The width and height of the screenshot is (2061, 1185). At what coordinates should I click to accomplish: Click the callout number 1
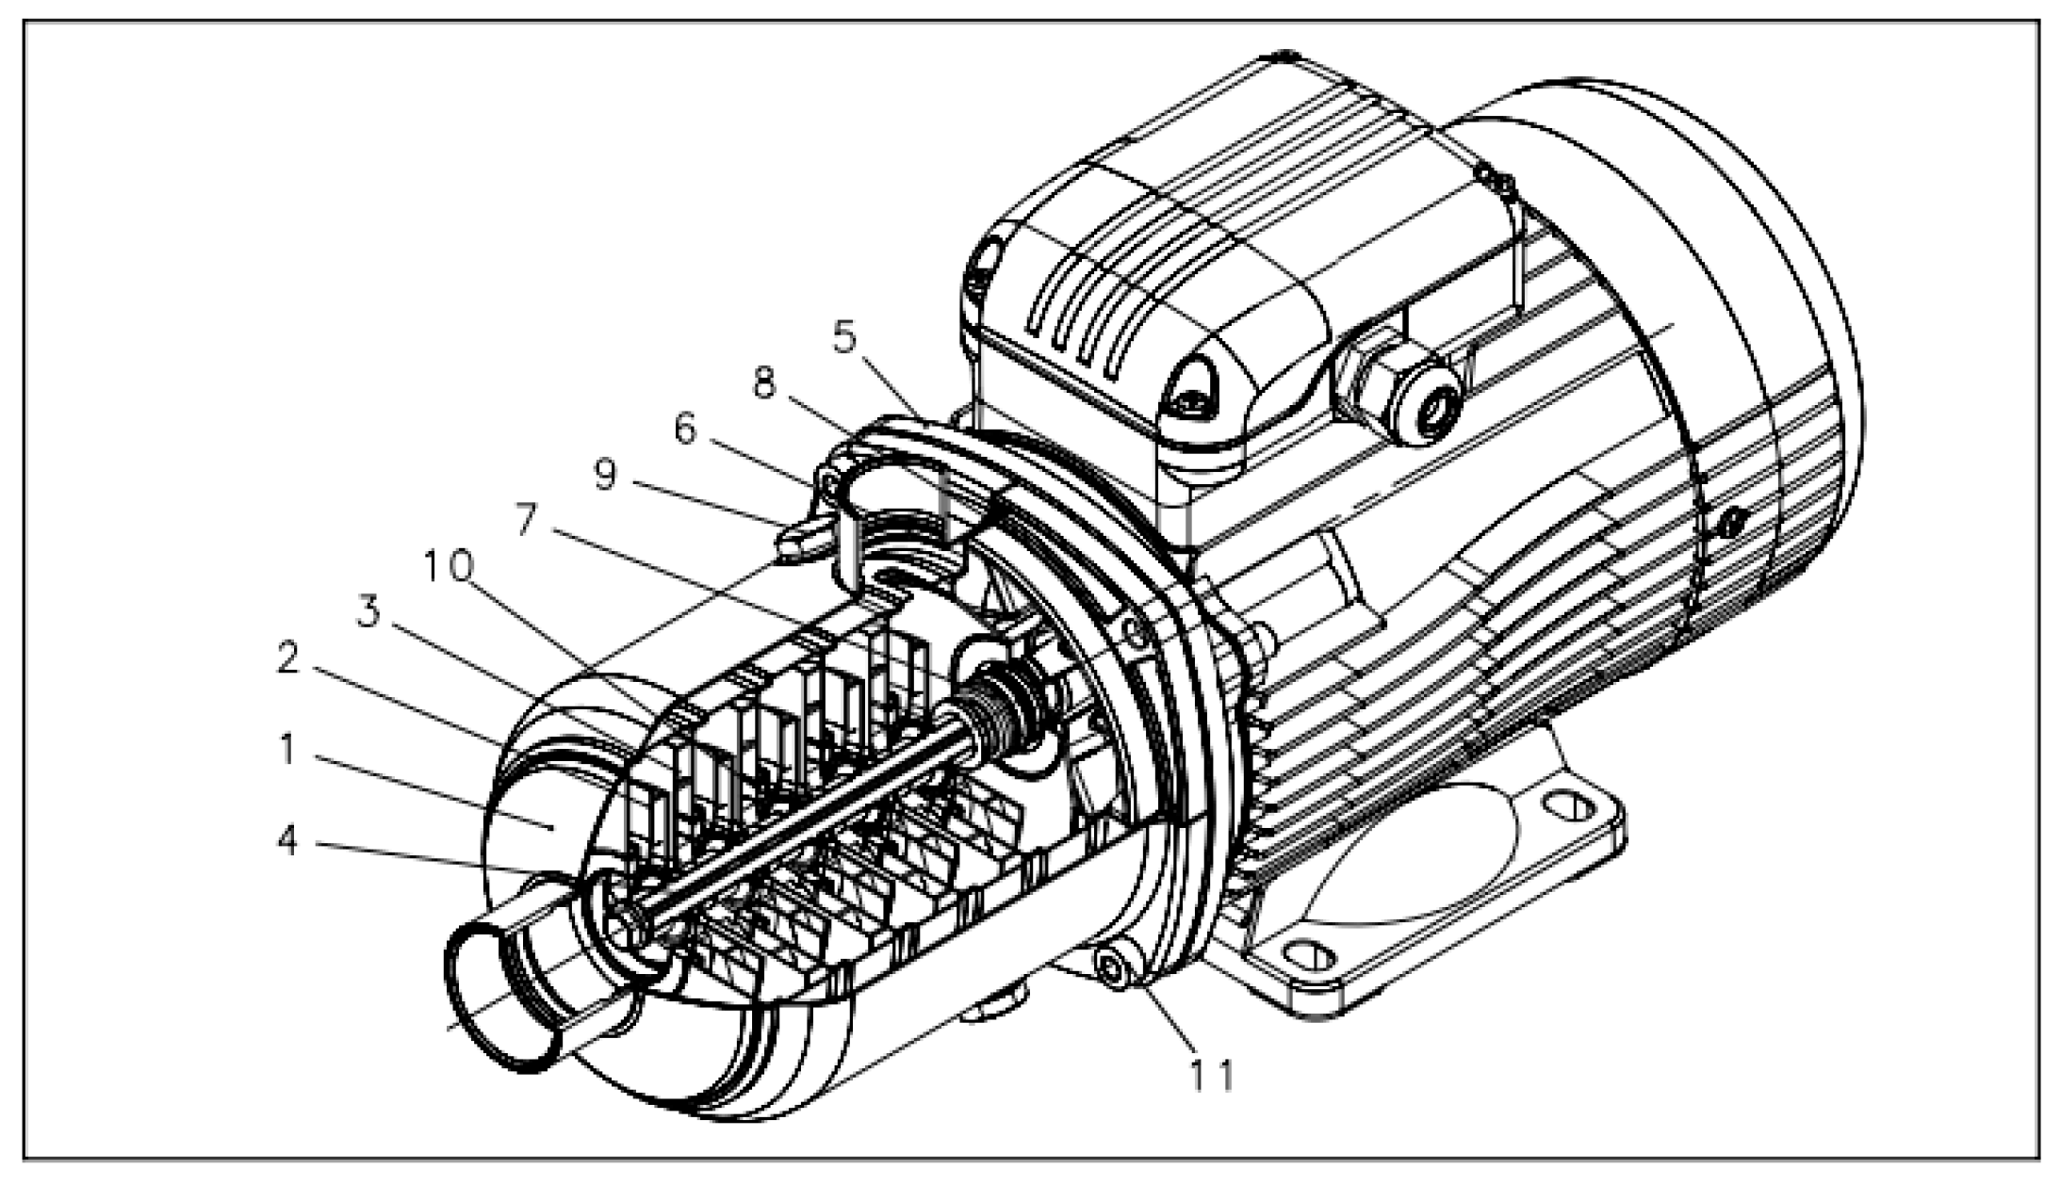pyautogui.click(x=286, y=750)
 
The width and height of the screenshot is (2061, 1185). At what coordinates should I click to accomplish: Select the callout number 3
pyautogui.click(x=368, y=613)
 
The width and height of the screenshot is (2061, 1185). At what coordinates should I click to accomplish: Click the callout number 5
pyautogui.click(x=844, y=336)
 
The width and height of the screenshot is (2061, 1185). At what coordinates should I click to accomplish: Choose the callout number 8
pyautogui.click(x=763, y=382)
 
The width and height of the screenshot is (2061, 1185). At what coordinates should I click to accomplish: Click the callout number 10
pyautogui.click(x=448, y=566)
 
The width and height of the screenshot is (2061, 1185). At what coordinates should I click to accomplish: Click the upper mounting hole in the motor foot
pyautogui.click(x=1567, y=806)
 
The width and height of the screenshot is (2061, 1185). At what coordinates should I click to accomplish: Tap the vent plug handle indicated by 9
pyautogui.click(x=799, y=544)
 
